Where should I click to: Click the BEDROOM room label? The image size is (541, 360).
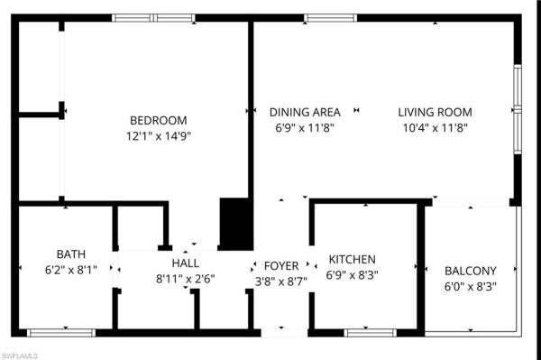[x=159, y=120]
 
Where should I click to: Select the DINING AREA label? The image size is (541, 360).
[x=305, y=112]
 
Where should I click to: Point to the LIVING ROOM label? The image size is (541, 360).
[x=436, y=112]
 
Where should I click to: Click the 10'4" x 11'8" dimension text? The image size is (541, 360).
[x=436, y=127]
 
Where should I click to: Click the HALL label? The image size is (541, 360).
[x=185, y=263]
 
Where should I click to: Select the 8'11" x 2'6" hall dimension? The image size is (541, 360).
[x=185, y=279]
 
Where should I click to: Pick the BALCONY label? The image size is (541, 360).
[x=471, y=271]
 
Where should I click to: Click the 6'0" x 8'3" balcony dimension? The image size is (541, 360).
[x=471, y=286]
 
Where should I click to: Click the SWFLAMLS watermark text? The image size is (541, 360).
[x=20, y=354]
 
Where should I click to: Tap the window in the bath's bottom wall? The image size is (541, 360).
[x=60, y=333]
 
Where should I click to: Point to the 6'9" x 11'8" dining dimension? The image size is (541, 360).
[x=305, y=127]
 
